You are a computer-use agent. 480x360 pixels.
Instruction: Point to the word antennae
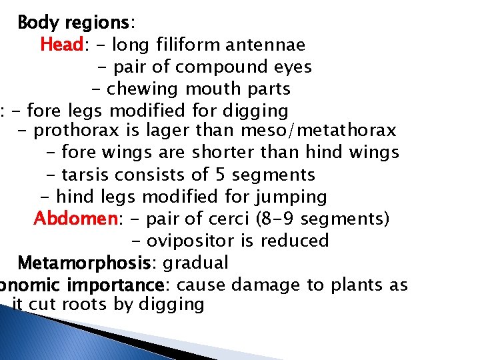pyautogui.click(x=265, y=45)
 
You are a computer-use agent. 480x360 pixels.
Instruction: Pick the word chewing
pyautogui.click(x=143, y=89)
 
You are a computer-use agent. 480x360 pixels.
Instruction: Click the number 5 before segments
pyautogui.click(x=223, y=175)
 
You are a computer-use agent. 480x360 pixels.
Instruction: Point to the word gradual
pyautogui.click(x=200, y=263)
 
